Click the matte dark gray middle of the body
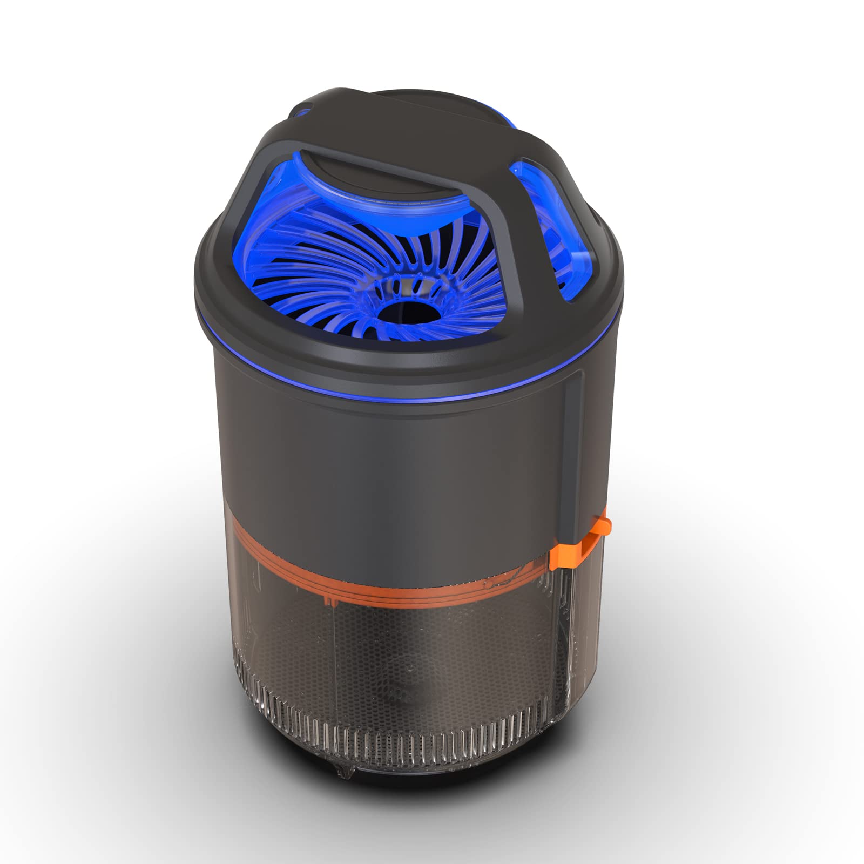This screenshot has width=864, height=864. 410,475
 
